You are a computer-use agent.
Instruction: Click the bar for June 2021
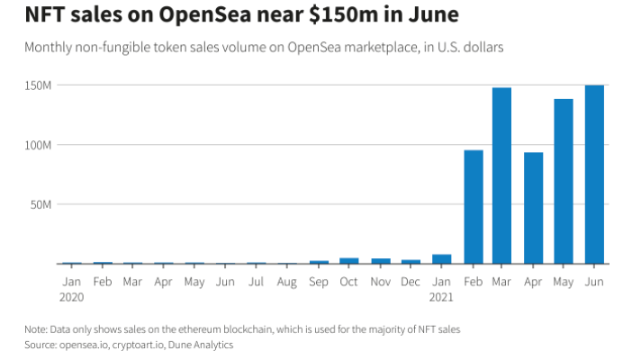click(x=594, y=175)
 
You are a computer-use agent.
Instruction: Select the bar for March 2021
click(x=501, y=175)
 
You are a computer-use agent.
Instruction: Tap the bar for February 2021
click(x=473, y=207)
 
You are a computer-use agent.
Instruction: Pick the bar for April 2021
click(x=533, y=208)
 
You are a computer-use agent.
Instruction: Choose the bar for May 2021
click(x=564, y=181)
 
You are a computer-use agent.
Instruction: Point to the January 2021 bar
click(x=441, y=259)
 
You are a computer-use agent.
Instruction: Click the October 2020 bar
click(x=349, y=261)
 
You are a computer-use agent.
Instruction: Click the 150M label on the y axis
click(x=39, y=85)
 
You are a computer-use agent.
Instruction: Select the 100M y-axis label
click(x=39, y=145)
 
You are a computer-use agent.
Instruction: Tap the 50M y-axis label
click(x=41, y=204)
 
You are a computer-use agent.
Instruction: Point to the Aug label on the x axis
click(x=287, y=281)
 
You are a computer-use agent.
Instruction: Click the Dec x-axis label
click(x=411, y=281)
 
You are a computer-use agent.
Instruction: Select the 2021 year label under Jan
click(x=441, y=295)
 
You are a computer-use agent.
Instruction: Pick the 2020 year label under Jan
click(x=71, y=295)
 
